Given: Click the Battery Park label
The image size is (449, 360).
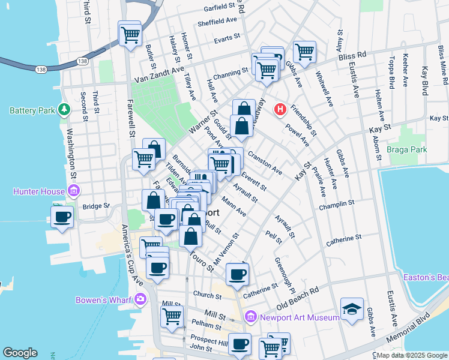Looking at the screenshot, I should pos(31,110).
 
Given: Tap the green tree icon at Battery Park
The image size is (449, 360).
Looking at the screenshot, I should pos(63,110).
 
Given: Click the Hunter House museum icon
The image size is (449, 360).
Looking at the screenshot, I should pos(74,191).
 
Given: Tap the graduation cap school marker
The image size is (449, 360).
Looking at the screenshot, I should pos(352,308).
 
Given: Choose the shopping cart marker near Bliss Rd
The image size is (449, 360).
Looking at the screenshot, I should pos(305,52).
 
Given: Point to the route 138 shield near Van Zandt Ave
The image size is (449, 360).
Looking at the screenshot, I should pos(82,61).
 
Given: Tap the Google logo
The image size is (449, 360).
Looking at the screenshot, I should pos(20,353).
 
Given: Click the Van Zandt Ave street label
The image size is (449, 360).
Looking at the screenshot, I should pos(158,79).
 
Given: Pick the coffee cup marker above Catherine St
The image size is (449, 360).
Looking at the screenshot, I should pos(237,275).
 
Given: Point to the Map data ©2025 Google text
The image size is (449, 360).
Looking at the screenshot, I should pos(412,355).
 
